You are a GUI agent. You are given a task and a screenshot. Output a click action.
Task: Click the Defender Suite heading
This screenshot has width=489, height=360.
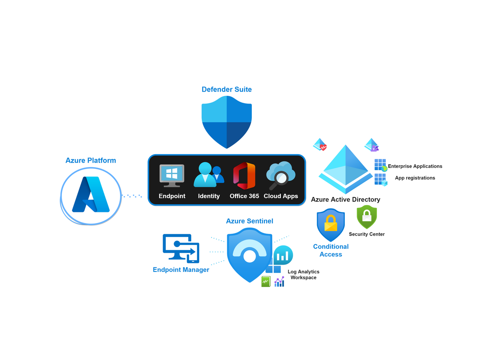[x=227, y=89]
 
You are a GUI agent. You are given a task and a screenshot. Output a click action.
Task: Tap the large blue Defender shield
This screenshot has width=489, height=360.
[x=227, y=122]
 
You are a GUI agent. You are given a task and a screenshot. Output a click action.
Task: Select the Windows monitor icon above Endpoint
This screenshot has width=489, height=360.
[x=172, y=176]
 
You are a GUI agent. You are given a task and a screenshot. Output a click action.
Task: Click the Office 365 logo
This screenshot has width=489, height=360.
[x=244, y=176]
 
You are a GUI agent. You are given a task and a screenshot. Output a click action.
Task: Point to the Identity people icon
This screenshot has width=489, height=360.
[x=209, y=174]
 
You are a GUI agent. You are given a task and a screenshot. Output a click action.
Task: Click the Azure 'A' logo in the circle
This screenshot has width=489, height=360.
[x=91, y=194]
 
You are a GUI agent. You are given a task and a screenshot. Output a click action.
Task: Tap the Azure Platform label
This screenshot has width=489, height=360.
[x=91, y=160]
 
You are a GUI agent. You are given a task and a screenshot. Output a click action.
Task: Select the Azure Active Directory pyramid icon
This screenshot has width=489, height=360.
[x=346, y=169]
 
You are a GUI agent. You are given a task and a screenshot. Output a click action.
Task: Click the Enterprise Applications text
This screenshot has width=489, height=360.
[x=415, y=166]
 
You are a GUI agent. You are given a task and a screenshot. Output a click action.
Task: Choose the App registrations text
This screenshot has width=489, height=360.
[x=415, y=178]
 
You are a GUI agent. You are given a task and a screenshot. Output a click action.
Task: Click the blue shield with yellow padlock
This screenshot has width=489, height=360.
[x=331, y=225]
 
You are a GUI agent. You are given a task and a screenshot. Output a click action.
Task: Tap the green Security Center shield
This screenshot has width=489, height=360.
[x=367, y=217]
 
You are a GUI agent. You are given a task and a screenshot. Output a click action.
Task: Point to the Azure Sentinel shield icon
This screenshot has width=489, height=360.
[x=249, y=255]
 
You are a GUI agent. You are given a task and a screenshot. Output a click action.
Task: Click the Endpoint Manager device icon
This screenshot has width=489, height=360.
[x=181, y=249]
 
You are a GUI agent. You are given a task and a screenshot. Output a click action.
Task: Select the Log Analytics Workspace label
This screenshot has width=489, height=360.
[x=304, y=275]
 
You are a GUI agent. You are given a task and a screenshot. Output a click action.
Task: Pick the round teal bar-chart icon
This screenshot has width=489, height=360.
[x=283, y=255]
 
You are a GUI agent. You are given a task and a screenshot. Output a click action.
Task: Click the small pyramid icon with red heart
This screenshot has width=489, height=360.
[x=320, y=145]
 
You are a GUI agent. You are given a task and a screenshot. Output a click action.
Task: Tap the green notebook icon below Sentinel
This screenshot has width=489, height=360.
[x=266, y=282]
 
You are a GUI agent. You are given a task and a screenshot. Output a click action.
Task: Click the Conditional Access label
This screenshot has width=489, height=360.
[x=331, y=251]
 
